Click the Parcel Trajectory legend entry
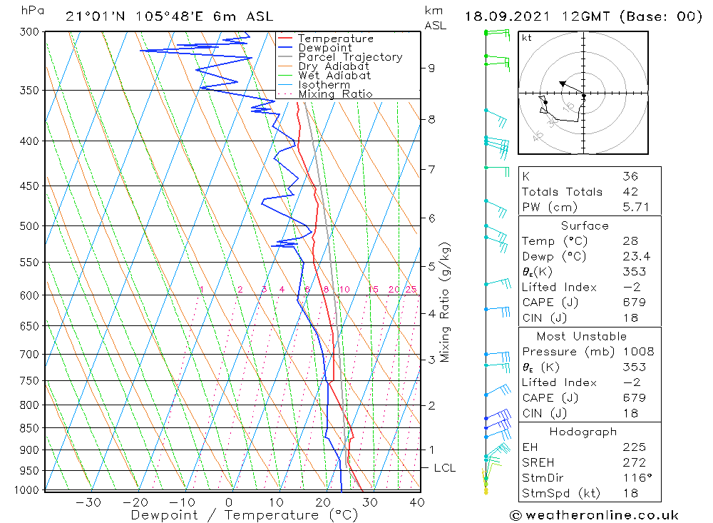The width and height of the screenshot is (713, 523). [x=349, y=57]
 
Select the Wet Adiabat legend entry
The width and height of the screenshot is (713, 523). [x=334, y=76]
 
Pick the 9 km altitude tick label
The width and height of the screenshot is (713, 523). [x=431, y=68]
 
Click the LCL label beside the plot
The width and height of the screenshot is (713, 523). [x=444, y=468]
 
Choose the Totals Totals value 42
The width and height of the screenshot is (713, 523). [x=630, y=192]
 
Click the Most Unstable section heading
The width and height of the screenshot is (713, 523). [x=582, y=336]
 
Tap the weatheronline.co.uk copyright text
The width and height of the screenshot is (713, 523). [x=594, y=515]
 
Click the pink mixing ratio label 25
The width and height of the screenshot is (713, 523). [x=411, y=289]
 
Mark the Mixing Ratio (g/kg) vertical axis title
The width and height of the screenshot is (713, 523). [x=446, y=302]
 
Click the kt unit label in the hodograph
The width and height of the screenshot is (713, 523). [x=526, y=38]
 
